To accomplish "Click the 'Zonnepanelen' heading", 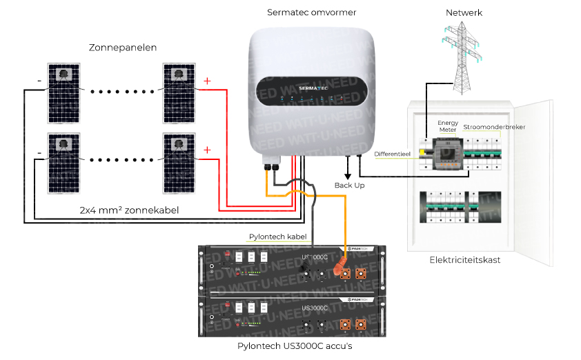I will pos(123,48).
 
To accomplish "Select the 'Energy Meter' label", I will pos(448,127).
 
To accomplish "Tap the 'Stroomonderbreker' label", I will pos(494,127).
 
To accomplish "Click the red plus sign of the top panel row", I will pos(206,81).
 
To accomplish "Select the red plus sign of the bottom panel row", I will pos(206,150).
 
